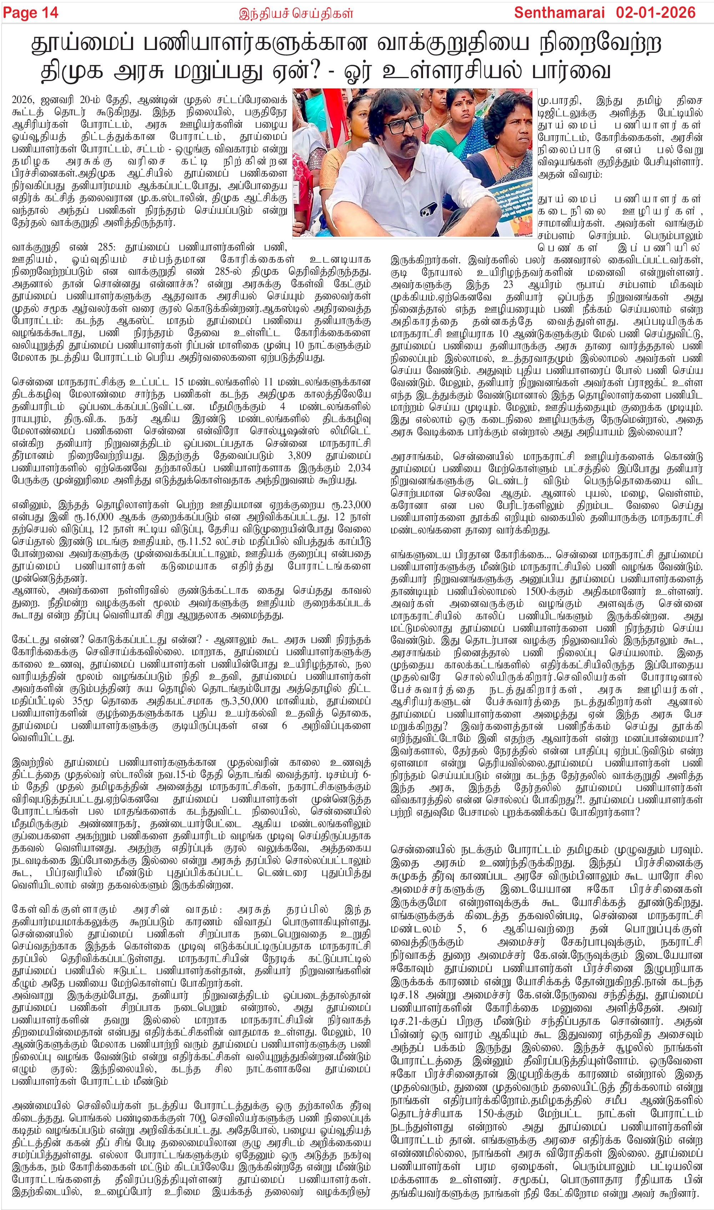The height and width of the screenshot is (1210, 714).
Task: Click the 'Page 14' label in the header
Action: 30,12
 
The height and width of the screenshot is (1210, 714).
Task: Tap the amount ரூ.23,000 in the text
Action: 351,505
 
